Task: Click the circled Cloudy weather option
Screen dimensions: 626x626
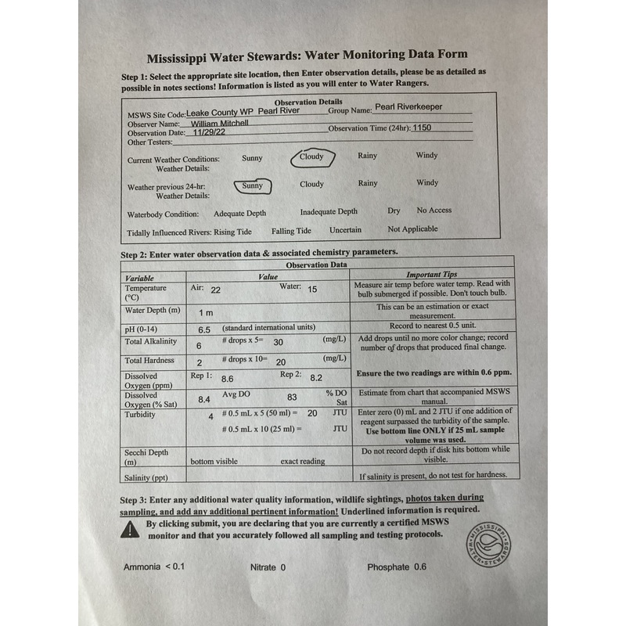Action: tap(312, 157)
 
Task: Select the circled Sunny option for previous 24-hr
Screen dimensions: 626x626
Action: tap(253, 186)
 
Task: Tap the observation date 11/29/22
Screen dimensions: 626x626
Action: tap(209, 133)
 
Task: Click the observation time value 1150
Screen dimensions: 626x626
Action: tap(422, 127)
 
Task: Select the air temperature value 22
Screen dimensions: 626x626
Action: tap(216, 290)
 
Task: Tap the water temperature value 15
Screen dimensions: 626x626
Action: tap(312, 290)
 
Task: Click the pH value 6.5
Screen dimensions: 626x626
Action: tap(206, 330)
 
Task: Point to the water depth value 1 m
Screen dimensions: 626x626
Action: tap(206, 313)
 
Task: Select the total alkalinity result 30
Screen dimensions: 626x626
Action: tap(278, 342)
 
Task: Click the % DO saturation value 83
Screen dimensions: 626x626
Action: tap(293, 397)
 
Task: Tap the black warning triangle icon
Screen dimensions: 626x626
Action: tap(130, 530)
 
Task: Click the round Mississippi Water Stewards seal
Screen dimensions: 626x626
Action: tap(489, 541)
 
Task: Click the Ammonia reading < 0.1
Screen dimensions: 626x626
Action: tap(174, 567)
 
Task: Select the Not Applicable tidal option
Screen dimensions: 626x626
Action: tap(412, 230)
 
